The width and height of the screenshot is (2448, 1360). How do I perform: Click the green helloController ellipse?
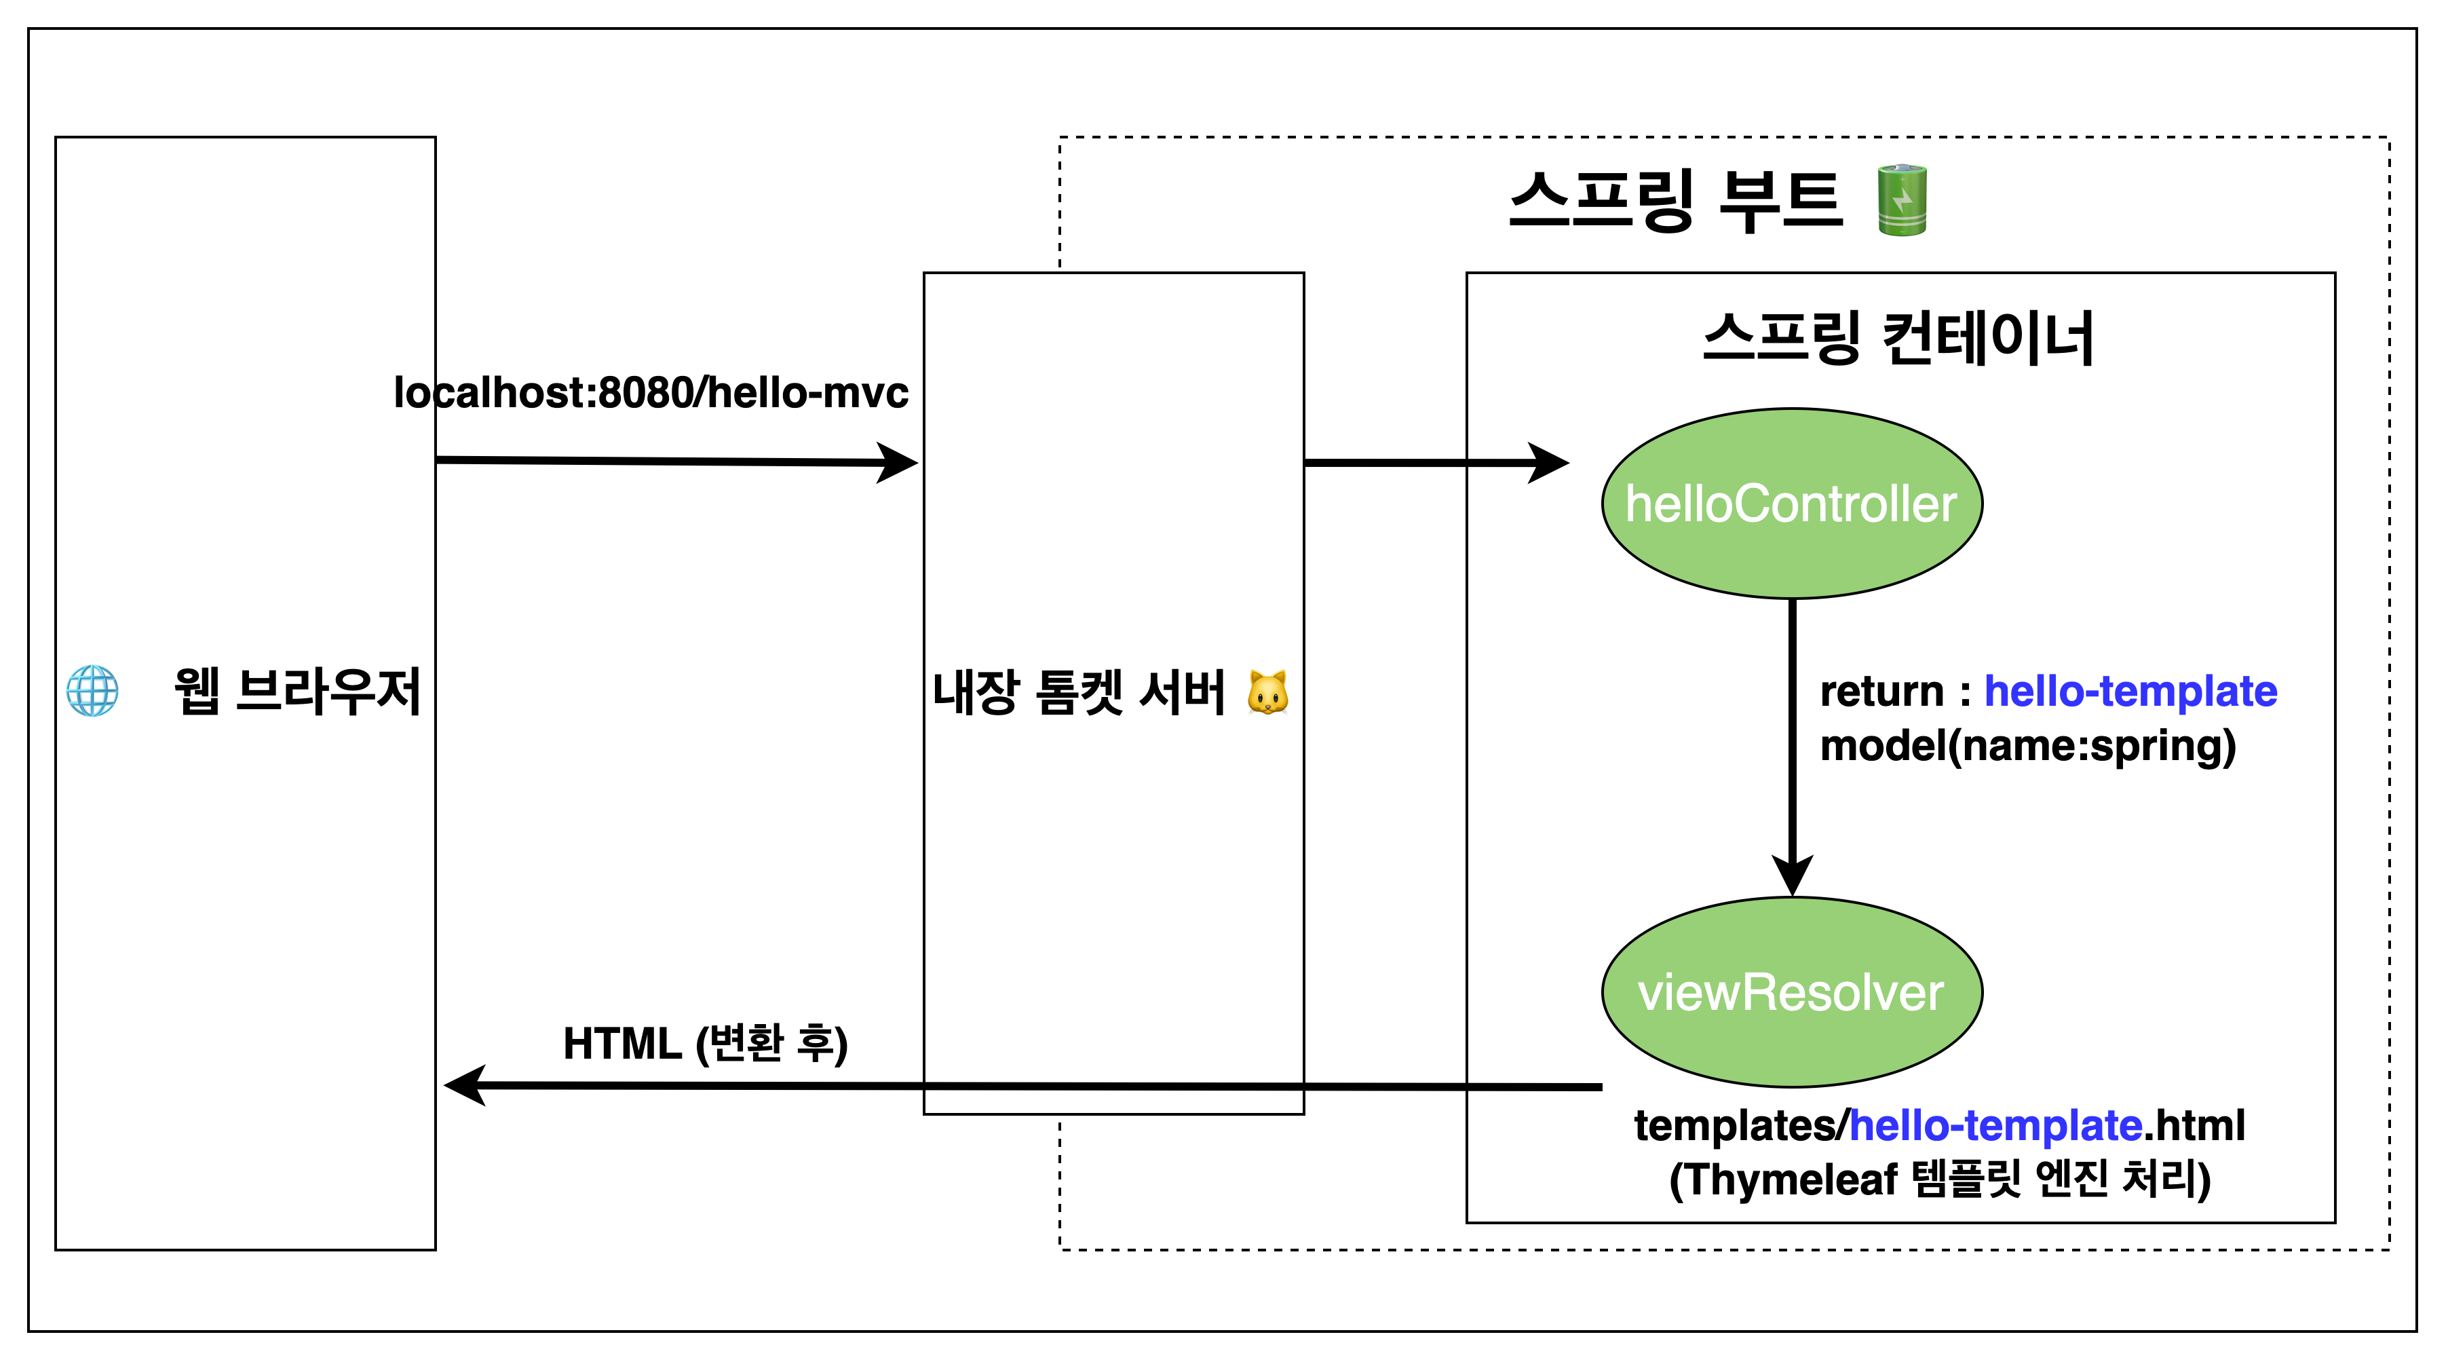1791,504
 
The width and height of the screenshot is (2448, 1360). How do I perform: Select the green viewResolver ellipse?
1791,992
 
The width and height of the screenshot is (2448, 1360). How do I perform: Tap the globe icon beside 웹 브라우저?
92,691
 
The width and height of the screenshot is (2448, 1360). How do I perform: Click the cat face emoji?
1267,693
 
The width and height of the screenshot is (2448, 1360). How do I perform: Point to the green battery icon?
1902,200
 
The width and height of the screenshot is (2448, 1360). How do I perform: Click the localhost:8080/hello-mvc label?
651,392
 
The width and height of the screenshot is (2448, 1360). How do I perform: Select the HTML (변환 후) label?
705,1044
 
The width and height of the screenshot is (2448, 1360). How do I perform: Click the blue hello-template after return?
2130,691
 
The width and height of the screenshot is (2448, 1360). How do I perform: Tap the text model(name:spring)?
2027,746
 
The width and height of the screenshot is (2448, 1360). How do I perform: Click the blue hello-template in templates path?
1995,1126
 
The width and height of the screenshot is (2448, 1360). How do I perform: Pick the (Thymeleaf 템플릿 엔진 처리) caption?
1940,1179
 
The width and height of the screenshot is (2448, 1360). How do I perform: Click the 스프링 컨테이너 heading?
1898,339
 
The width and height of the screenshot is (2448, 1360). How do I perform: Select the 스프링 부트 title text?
1675,200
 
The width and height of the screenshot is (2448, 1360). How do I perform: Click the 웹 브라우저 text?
297,691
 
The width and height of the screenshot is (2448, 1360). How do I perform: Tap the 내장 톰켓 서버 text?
1079,693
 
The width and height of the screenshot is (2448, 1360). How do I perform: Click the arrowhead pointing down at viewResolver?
1793,874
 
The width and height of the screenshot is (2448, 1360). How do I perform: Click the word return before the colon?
1881,691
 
